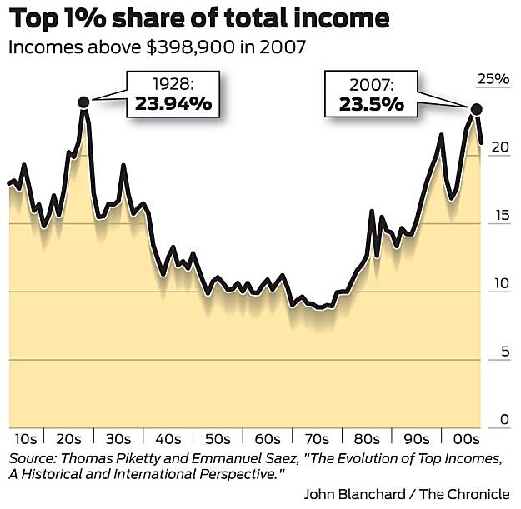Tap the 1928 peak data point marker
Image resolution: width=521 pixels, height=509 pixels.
pos(83,102)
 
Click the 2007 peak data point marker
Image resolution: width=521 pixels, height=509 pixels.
pos(477,109)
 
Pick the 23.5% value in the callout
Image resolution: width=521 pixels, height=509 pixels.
pos(372,104)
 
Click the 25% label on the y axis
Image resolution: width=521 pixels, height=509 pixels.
pos(492,79)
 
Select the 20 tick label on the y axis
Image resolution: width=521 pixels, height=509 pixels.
pos(498,147)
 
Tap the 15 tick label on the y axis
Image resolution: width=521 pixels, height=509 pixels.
pos(498,216)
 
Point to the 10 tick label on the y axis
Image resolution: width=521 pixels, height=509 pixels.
pos(498,284)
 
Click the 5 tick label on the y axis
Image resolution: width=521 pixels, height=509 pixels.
pos(503,352)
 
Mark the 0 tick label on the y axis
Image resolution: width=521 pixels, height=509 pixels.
pos(503,420)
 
